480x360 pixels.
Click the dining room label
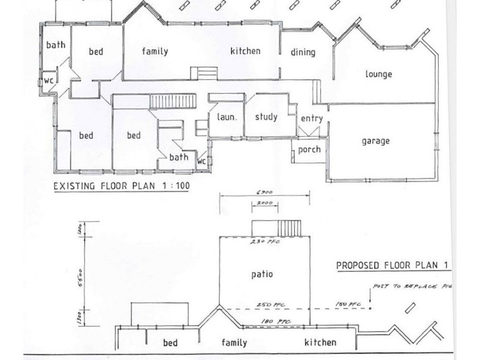303,52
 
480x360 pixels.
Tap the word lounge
378,74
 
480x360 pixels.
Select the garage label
376,141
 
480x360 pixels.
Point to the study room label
265,117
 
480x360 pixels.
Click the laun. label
227,118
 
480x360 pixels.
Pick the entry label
311,119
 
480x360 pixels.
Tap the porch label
309,150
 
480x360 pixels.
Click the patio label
262,274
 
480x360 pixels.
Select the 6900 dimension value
265,193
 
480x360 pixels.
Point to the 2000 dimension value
265,204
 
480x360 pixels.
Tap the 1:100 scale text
175,186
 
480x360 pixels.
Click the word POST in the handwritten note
382,286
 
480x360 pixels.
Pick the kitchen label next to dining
245,51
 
